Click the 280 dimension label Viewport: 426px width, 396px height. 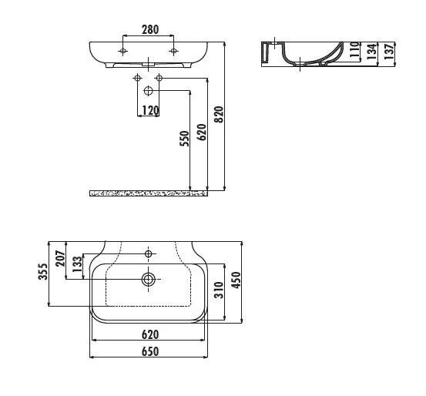tap(149, 30)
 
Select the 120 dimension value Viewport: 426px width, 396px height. tap(149, 111)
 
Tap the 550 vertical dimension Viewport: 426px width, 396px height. tap(183, 139)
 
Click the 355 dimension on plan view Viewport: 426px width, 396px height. tap(43, 274)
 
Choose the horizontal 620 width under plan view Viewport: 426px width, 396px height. tap(149, 334)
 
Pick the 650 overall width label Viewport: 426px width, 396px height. tap(149, 351)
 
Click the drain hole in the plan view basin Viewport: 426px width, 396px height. tap(147, 279)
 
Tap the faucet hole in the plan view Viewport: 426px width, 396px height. tap(148, 252)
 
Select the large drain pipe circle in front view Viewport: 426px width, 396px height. tap(149, 91)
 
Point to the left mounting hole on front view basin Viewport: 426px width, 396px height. tap(123, 51)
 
